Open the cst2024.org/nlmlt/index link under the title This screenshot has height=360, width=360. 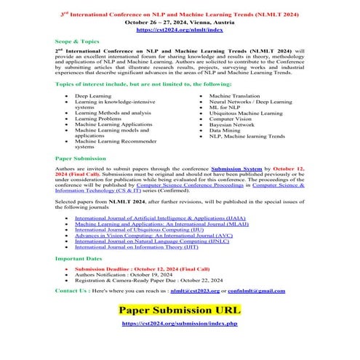pos(180,30)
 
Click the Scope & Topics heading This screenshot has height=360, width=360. pos(76,42)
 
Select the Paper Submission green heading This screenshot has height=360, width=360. pos(79,157)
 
